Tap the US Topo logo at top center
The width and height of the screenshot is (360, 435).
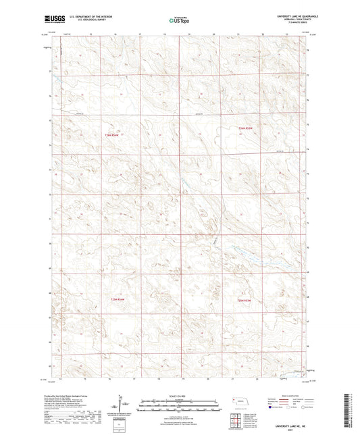tap(177, 21)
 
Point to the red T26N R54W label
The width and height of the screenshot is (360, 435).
tap(113, 133)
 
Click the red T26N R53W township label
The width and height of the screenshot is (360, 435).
tap(245, 127)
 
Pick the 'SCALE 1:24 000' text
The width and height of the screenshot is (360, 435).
tap(179, 394)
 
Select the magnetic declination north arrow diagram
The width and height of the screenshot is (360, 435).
tap(126, 405)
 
